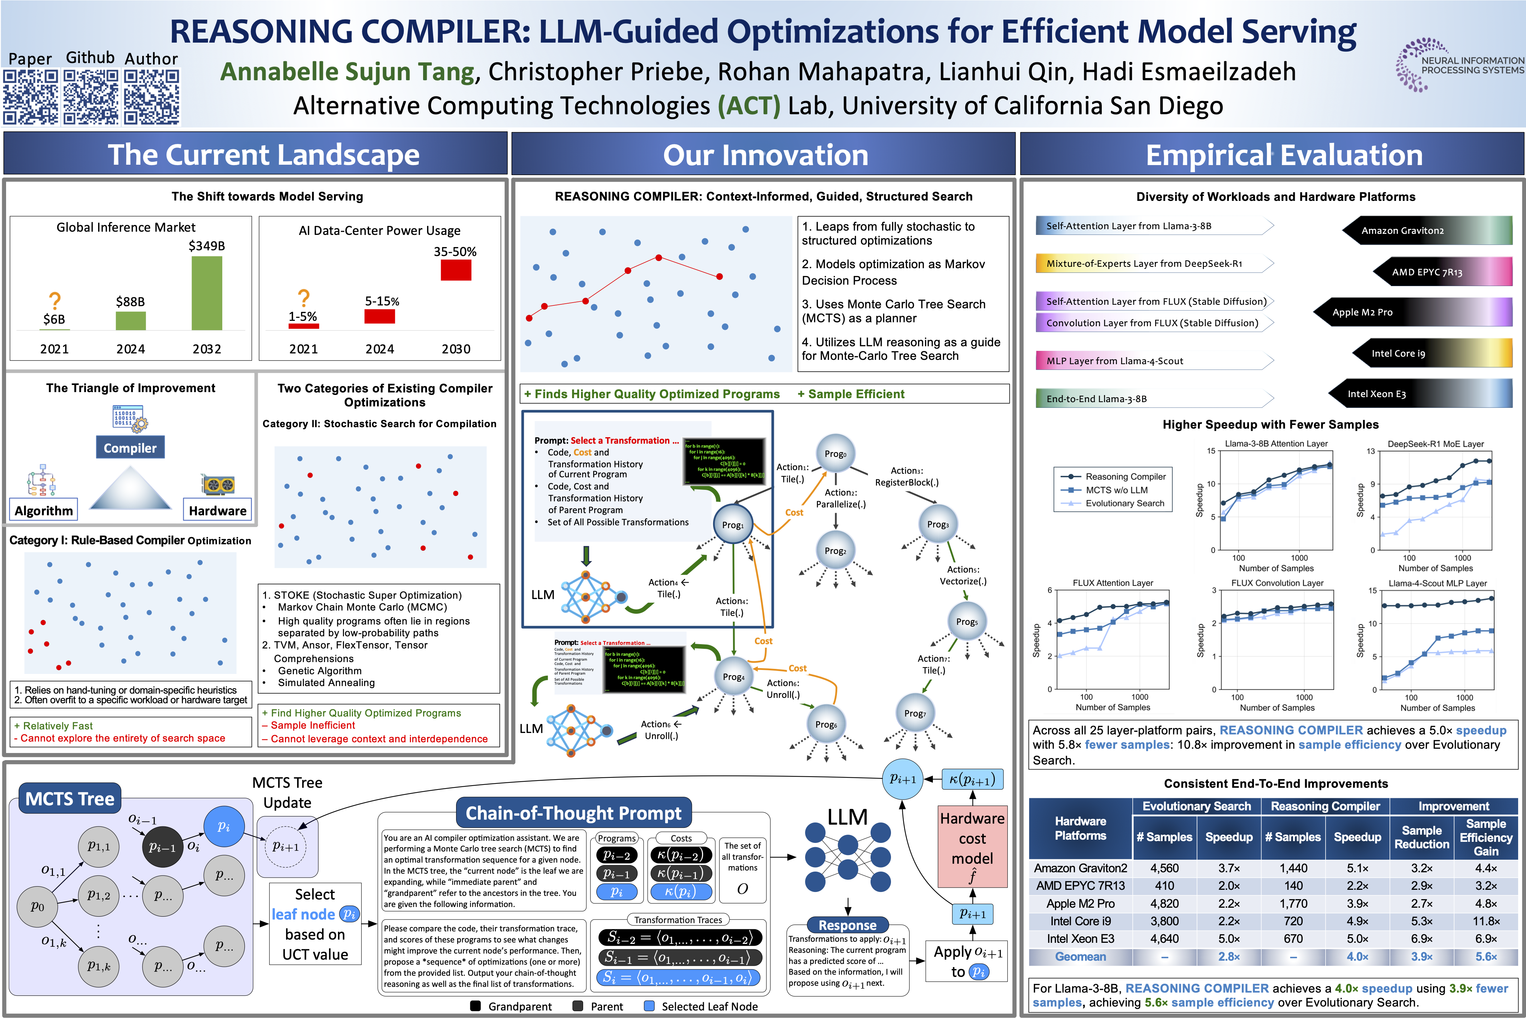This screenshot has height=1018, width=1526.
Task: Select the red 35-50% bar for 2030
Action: tap(456, 269)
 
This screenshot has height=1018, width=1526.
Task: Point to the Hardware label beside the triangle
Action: tap(217, 510)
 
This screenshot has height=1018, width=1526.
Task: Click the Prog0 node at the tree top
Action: tap(835, 453)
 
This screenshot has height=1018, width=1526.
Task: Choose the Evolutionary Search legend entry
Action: tap(1124, 503)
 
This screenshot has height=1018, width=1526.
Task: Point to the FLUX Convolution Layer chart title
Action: tap(1277, 583)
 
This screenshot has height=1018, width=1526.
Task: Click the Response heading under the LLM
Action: tap(847, 925)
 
